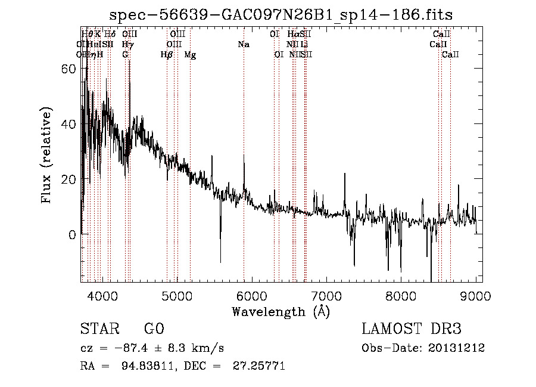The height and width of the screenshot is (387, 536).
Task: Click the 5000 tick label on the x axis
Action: pos(177,296)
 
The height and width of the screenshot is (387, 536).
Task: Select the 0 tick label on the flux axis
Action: pos(72,234)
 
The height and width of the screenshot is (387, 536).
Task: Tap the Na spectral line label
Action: pos(243,45)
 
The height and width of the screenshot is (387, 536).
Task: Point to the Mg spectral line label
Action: pos(190,55)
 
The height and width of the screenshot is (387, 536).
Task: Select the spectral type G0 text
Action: pos(154,329)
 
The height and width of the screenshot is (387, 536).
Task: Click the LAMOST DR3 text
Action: pos(412,329)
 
